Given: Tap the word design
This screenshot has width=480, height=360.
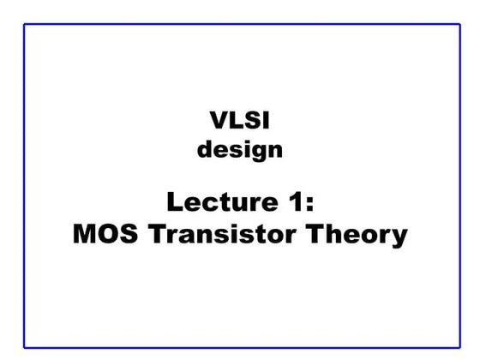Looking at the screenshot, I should tap(239, 151).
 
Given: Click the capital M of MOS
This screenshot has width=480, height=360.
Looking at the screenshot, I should tap(84, 234).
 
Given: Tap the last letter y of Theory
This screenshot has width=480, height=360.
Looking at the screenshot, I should tap(397, 237).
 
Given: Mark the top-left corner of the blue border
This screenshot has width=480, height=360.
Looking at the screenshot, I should tap(25, 24).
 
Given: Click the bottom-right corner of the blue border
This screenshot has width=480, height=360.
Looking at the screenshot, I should tap(455, 347).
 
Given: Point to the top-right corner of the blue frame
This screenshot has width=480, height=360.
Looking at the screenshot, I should tap(455, 24).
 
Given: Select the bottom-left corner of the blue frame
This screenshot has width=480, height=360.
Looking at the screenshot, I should tap(25, 347).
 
